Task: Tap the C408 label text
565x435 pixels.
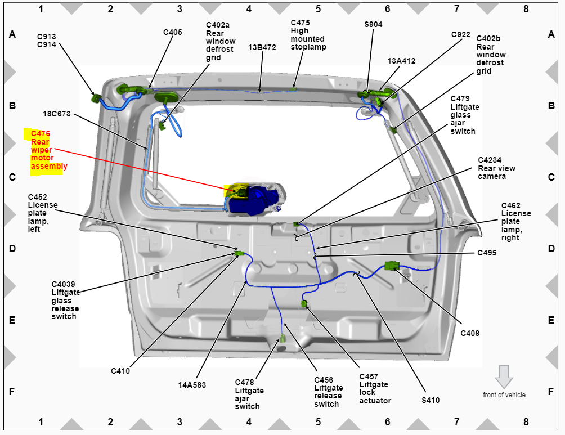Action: coord(470,333)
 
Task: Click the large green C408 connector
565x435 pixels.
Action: coord(392,266)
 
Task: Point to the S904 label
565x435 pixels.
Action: coord(373,25)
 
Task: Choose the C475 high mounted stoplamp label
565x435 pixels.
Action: coord(308,34)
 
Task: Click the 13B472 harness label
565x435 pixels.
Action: coord(262,47)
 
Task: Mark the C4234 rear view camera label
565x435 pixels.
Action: coord(496,168)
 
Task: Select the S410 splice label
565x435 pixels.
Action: coord(431,400)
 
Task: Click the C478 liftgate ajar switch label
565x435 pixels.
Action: coord(249,394)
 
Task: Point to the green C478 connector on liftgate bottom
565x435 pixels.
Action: coord(282,338)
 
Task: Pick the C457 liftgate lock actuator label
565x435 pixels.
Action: coord(375,388)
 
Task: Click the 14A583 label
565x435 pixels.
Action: coord(192,385)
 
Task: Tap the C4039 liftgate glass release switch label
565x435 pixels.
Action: coord(65,300)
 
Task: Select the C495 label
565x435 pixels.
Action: coord(487,253)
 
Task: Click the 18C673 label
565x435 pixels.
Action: coord(57,114)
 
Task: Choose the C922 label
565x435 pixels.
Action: coord(460,34)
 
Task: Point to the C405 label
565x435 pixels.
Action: coord(173,32)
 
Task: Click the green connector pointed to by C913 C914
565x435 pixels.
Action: coord(96,98)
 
